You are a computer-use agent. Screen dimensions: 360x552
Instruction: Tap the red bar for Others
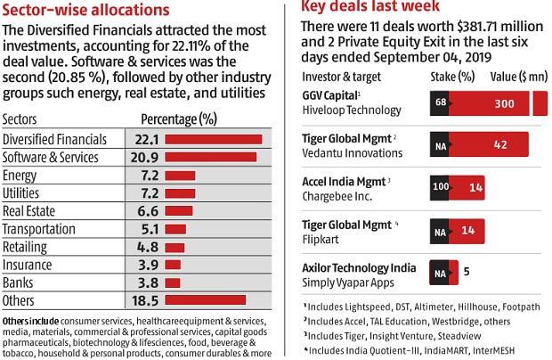point(205,300)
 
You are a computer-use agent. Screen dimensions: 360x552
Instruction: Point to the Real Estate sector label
point(31,211)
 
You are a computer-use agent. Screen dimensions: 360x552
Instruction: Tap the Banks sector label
point(19,282)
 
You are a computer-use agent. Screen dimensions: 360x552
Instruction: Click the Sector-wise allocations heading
point(85,11)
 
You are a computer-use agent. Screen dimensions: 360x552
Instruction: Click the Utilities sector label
point(22,193)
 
